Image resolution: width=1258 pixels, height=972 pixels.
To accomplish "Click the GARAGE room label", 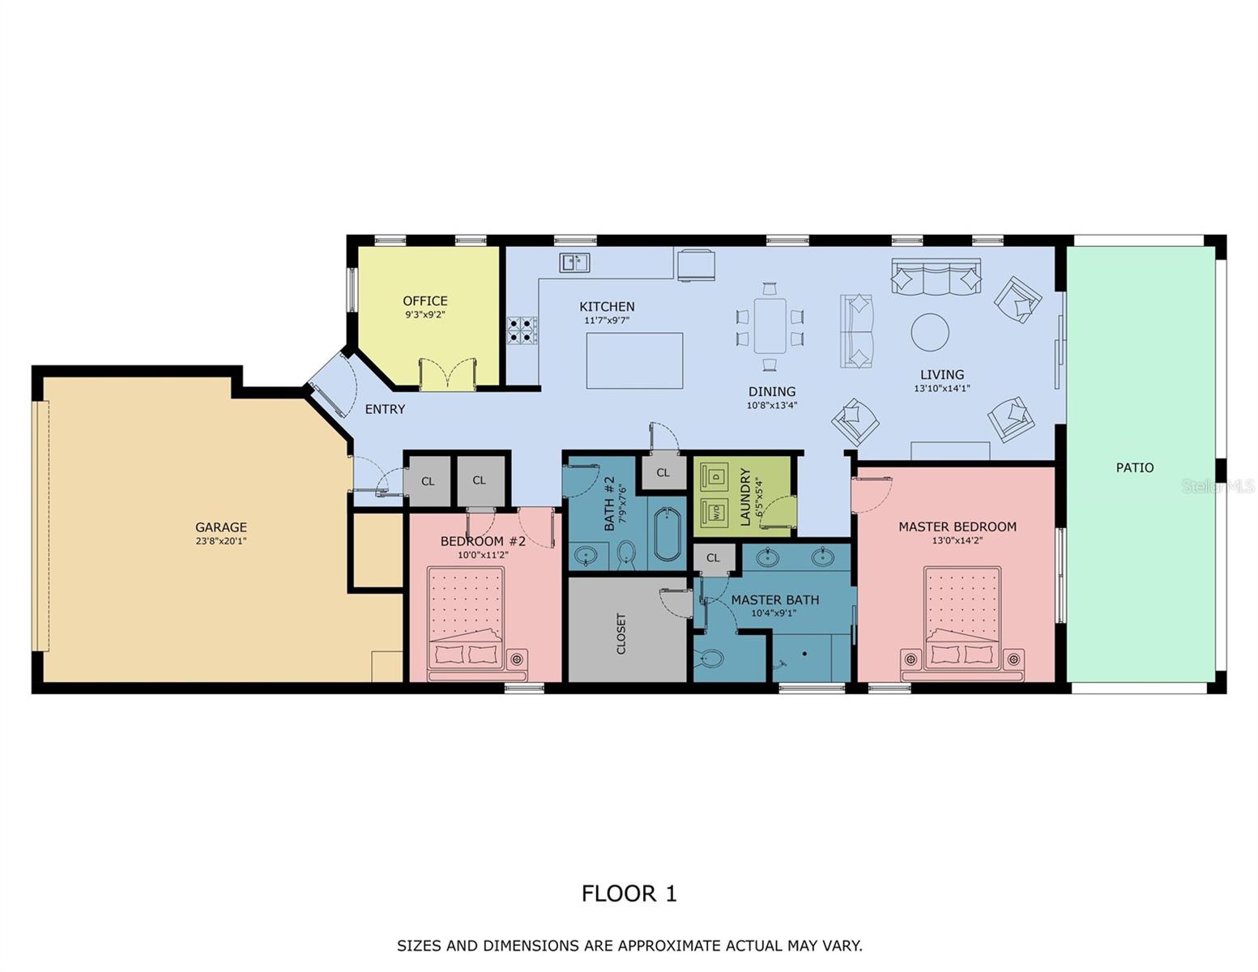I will (x=220, y=527).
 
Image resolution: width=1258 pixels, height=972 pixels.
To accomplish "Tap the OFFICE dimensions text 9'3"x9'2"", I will (x=424, y=315).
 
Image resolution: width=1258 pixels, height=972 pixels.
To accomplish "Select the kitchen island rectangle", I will (x=634, y=360).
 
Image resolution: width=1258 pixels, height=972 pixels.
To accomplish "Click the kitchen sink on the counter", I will (x=574, y=262).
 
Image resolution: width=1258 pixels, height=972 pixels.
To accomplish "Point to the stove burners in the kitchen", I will (x=521, y=330).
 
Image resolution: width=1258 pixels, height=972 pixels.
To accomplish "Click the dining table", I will (x=770, y=326).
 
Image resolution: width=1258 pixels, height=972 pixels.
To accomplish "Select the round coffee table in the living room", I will (x=930, y=332).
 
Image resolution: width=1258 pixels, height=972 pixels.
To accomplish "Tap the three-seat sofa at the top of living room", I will (x=936, y=276).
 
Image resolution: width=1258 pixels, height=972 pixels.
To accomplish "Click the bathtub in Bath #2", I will (x=668, y=534).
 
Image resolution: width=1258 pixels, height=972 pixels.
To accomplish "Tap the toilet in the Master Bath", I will (x=710, y=658).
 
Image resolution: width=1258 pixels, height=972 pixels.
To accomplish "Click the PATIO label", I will (x=1134, y=467).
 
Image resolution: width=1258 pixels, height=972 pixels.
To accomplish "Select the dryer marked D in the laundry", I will (x=716, y=476).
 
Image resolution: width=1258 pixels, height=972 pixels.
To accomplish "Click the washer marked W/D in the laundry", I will (x=716, y=513).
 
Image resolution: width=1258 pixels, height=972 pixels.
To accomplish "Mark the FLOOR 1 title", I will (x=629, y=893).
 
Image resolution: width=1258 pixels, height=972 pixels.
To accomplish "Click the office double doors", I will (x=446, y=374).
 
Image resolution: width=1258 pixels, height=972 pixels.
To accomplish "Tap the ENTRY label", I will (x=385, y=409).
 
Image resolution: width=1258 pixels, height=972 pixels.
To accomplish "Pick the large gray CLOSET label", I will (x=621, y=633).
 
